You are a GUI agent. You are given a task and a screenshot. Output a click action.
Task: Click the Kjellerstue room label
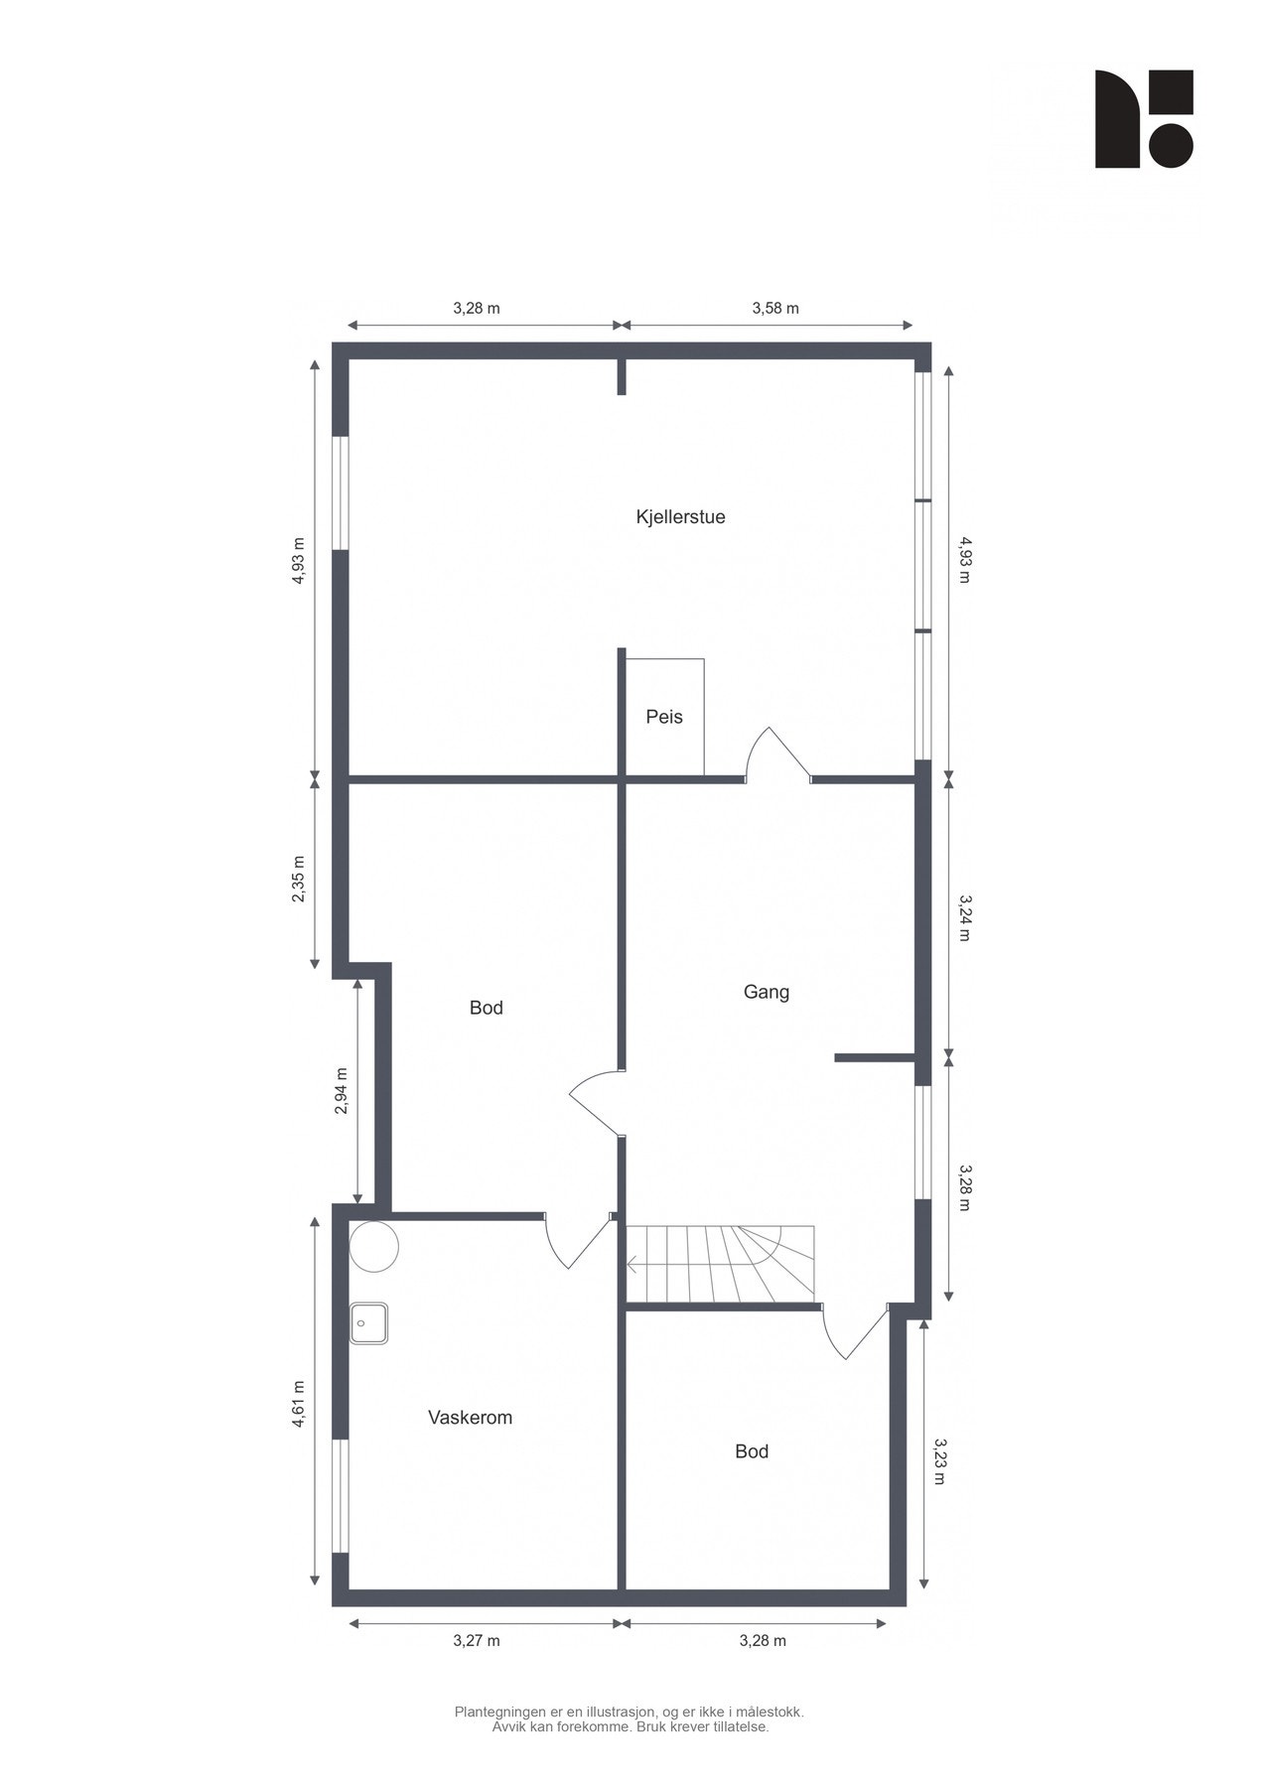[680, 516]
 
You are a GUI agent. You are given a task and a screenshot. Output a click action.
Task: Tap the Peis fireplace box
[664, 717]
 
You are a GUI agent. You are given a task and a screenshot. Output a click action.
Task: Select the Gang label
[766, 992]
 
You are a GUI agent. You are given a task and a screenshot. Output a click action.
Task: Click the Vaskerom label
[470, 1418]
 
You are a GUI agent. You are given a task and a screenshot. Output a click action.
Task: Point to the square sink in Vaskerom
[368, 1323]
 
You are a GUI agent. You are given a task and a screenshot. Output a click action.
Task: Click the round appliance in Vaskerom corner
[374, 1246]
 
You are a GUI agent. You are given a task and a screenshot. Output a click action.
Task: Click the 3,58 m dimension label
[774, 308]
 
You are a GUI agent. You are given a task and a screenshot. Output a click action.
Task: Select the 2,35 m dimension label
[299, 879]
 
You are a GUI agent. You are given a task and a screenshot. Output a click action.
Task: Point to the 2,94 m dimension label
[341, 1091]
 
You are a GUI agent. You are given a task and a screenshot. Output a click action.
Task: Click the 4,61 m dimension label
[299, 1404]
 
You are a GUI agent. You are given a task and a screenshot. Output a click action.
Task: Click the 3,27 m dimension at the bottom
[477, 1641]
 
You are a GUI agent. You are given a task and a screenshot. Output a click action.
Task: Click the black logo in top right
[1143, 118]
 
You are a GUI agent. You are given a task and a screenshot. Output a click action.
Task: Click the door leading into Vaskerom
[576, 1241]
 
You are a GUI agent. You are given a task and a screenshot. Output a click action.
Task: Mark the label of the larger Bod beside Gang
[486, 1008]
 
